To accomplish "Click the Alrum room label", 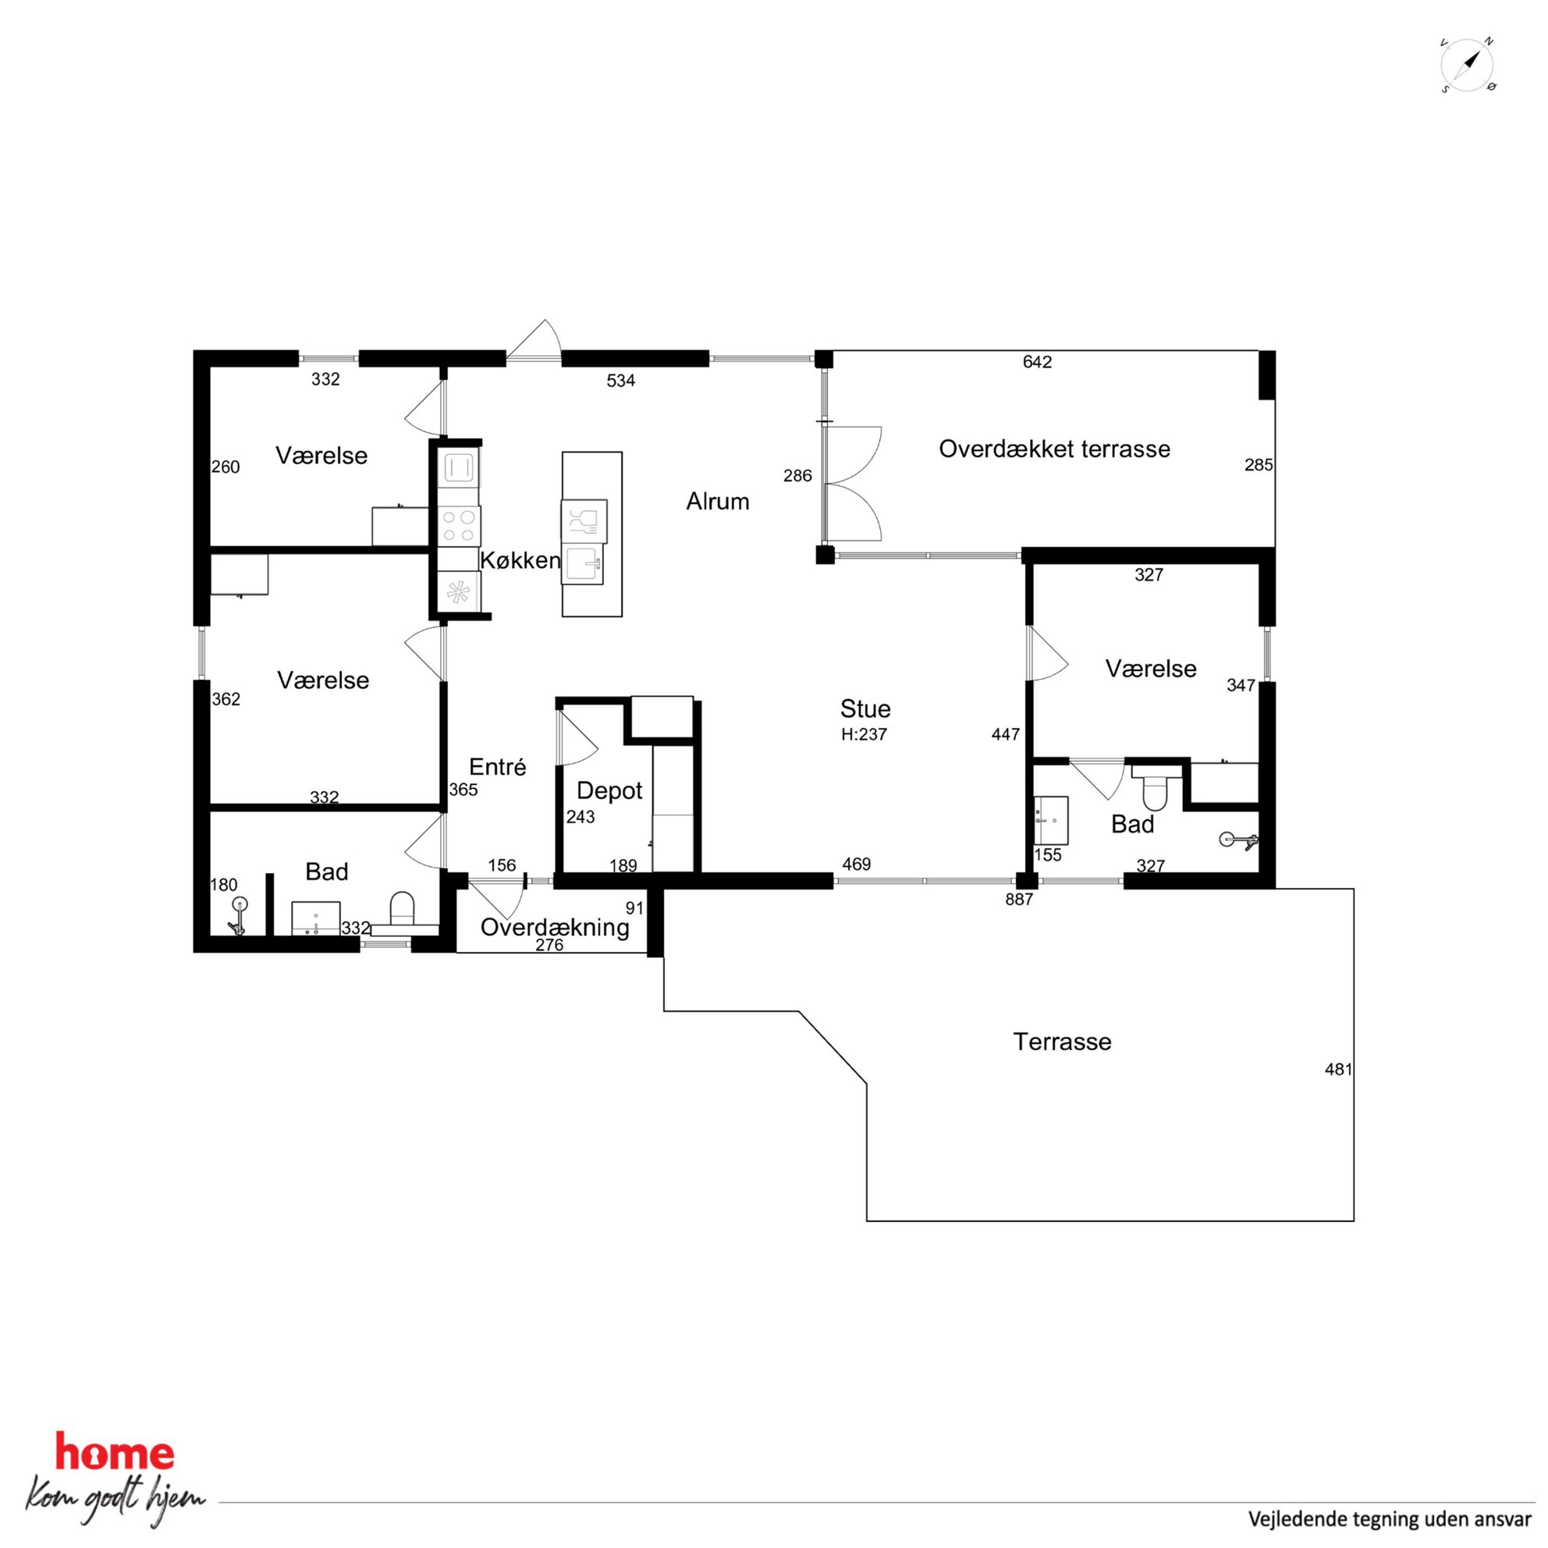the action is click(x=717, y=502).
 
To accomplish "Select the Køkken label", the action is click(x=520, y=560).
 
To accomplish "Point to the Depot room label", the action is click(x=609, y=791).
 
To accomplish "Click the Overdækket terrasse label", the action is click(x=1054, y=449).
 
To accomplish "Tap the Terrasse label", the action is click(x=1063, y=1042).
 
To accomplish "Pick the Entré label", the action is click(x=498, y=767).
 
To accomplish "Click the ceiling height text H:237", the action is click(x=864, y=734).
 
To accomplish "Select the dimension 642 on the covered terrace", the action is click(x=1037, y=362).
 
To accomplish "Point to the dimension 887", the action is click(x=1019, y=899).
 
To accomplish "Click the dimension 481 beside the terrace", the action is click(x=1338, y=1069).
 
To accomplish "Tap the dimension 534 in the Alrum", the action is click(x=621, y=381).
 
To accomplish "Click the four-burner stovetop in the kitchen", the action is click(x=459, y=526).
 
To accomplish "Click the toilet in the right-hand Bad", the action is click(x=1156, y=786).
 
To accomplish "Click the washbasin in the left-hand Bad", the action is click(x=316, y=918).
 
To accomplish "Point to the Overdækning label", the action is click(x=555, y=927).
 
